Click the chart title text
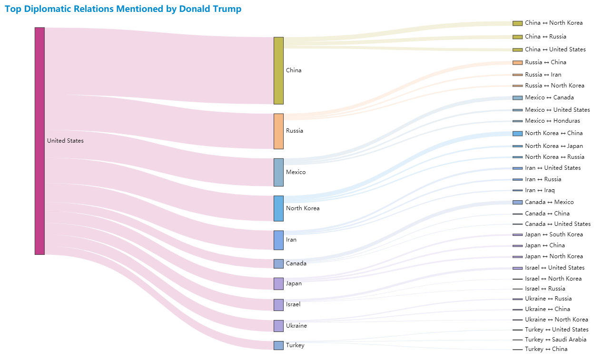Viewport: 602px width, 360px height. tap(123, 9)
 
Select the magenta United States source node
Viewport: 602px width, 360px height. tap(39, 141)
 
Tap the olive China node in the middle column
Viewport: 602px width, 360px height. tap(278, 70)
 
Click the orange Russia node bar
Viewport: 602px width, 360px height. tap(278, 131)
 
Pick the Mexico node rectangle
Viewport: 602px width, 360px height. tap(278, 172)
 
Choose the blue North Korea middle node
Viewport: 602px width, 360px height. tap(278, 208)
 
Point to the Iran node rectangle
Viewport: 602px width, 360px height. tap(278, 240)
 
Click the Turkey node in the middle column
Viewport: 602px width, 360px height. tap(278, 345)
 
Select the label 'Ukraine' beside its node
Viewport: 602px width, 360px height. tap(296, 326)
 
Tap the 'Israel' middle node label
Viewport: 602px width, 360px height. tap(293, 304)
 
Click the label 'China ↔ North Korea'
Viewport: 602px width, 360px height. tap(553, 23)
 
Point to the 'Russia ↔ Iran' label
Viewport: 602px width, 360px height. tap(543, 75)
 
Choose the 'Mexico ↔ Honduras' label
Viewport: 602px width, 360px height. tap(553, 121)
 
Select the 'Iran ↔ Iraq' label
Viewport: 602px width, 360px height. tap(540, 190)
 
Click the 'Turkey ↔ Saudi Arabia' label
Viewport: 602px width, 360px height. tap(555, 340)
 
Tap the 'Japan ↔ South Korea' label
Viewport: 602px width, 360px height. tap(553, 234)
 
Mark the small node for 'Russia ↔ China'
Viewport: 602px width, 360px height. tap(517, 63)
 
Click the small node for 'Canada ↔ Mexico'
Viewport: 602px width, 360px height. tap(517, 202)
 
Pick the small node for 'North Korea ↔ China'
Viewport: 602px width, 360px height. tap(517, 134)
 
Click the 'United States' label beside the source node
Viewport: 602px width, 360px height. tap(65, 141)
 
